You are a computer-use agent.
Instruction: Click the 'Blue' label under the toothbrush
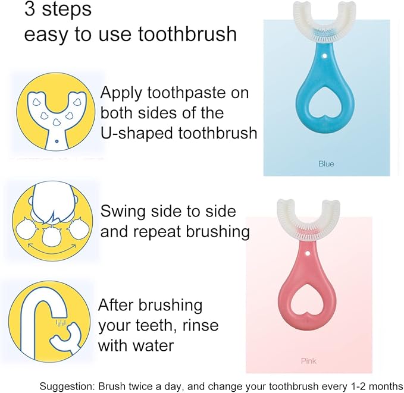(x=326, y=164)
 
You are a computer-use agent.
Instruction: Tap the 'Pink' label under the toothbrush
(x=309, y=361)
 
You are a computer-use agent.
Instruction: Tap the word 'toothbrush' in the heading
(x=187, y=34)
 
